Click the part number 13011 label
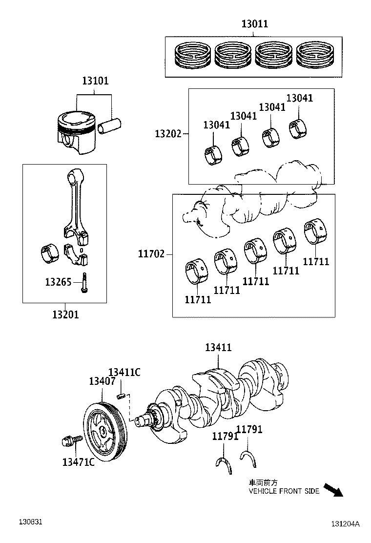pos(254,24)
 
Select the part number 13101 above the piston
pos(95,81)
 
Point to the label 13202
pos(168,133)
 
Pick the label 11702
pos(151,254)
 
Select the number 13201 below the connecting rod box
pos(65,314)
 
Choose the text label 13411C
pos(124,373)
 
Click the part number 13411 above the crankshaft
pos(218,348)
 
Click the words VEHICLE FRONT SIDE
pos(284,491)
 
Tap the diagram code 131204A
pos(345,524)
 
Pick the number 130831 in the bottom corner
pos(31,522)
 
